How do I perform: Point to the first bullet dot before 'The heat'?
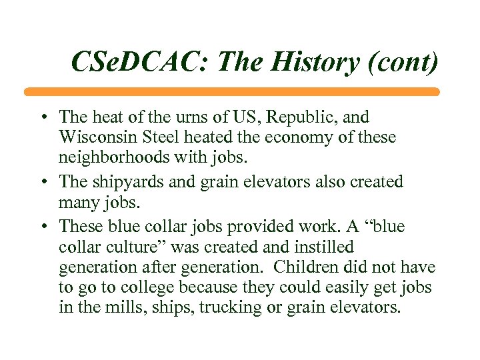[43, 119]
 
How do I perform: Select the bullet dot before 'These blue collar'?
[43, 227]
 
